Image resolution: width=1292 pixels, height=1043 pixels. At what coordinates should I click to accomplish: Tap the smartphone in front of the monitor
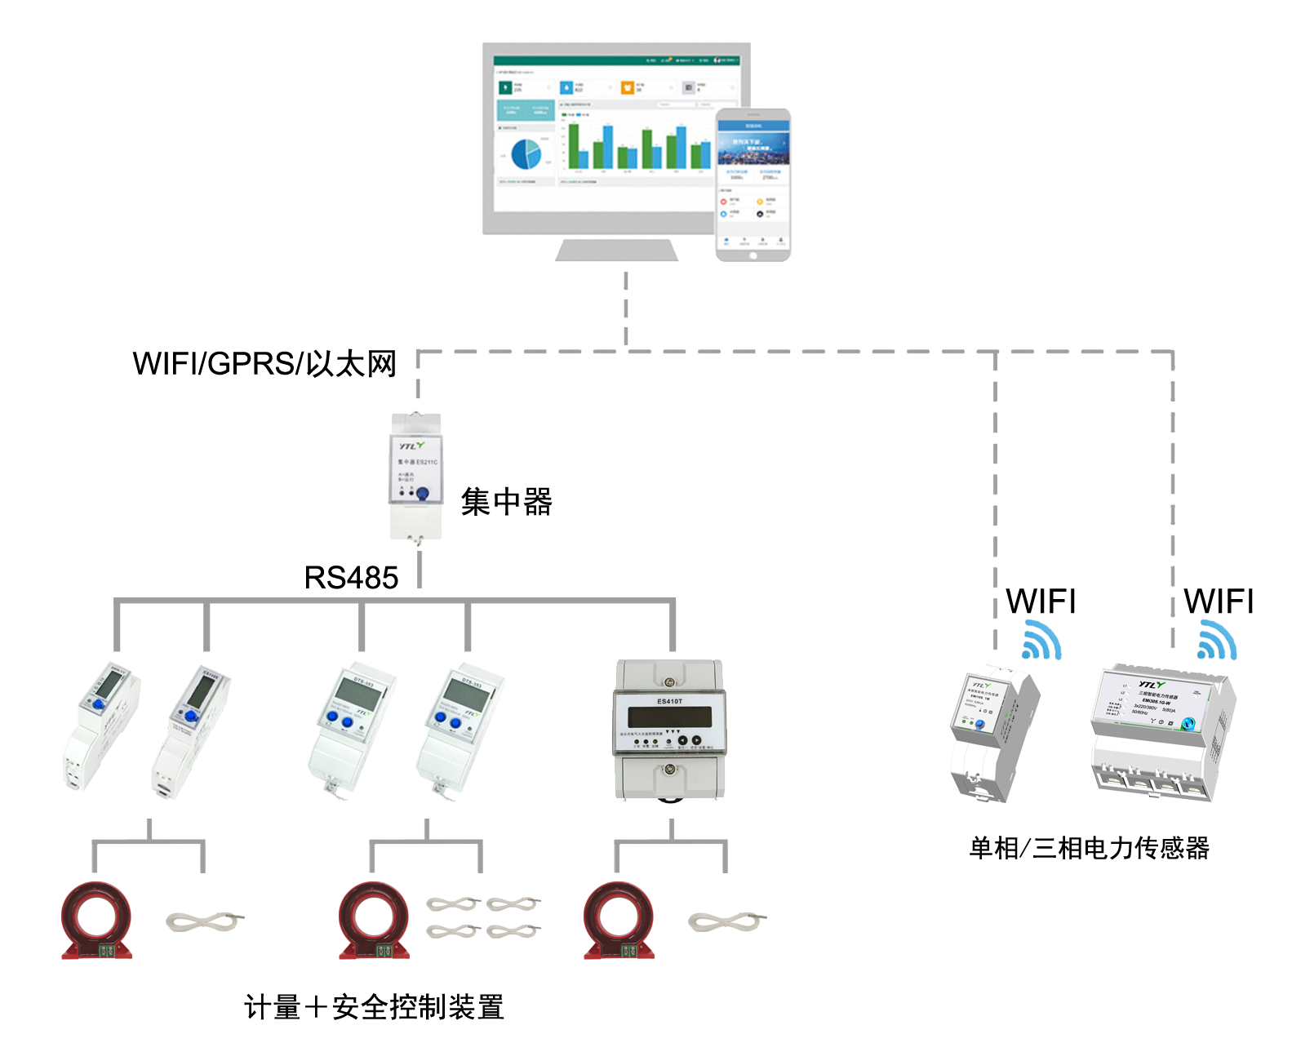[753, 185]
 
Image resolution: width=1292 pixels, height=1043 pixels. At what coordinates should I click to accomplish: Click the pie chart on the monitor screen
[526, 154]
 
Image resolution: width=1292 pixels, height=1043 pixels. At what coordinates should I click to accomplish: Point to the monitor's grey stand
[616, 250]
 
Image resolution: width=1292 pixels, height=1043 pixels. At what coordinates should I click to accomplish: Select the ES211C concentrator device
[416, 477]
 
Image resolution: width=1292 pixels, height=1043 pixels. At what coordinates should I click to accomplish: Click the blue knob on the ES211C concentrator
[423, 494]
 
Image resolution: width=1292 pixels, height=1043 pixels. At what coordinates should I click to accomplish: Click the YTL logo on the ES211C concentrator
[411, 446]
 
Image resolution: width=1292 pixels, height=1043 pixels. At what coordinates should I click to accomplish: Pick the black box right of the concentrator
[506, 501]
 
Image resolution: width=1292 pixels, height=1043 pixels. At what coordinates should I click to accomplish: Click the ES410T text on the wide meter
[669, 701]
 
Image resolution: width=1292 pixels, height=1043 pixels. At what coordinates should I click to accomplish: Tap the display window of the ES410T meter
[668, 717]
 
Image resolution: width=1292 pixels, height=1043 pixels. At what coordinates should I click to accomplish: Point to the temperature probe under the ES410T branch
[726, 922]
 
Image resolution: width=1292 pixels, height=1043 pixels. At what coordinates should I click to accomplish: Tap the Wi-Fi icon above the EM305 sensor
[1216, 640]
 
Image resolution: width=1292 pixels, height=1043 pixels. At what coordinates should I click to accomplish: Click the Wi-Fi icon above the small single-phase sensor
[1041, 640]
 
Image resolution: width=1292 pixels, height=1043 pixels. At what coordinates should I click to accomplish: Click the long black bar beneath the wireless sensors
[1089, 848]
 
